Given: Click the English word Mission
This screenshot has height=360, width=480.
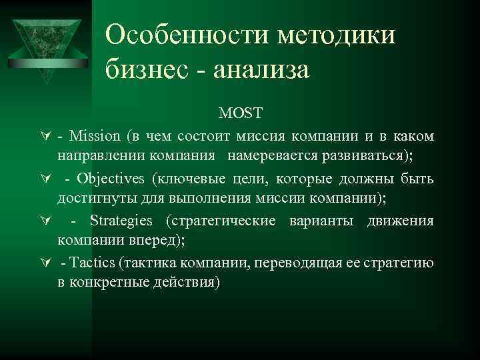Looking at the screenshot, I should (94, 137).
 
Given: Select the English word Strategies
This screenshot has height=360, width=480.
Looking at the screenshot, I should (121, 221).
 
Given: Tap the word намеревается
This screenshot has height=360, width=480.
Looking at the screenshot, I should (269, 157).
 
